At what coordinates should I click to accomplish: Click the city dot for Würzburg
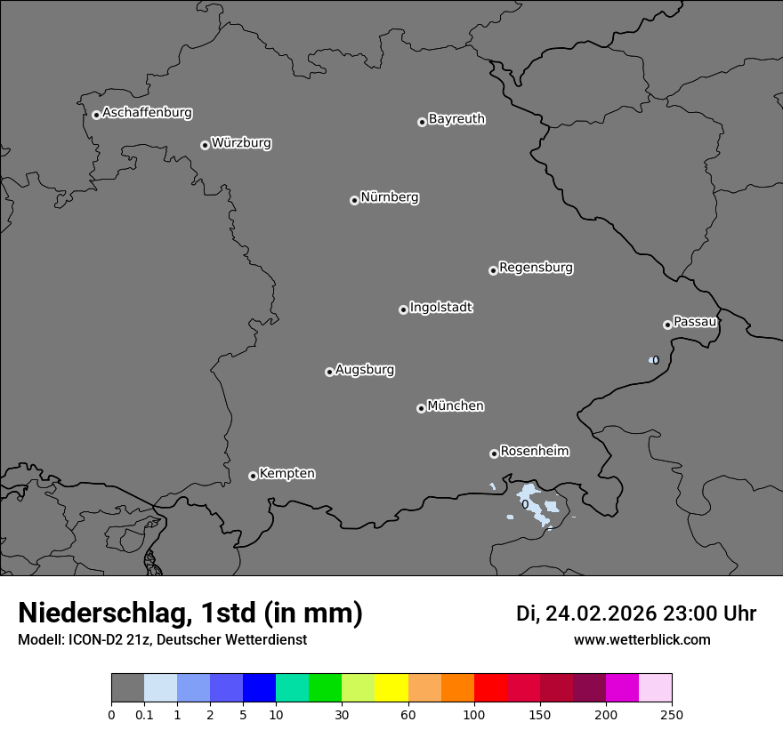205,145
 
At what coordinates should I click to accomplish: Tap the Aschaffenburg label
147,113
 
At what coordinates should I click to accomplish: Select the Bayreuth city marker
422,122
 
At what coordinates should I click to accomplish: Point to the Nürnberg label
389,197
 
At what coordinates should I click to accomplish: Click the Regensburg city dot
493,270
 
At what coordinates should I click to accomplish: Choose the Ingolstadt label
440,308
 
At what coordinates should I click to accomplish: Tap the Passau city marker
667,325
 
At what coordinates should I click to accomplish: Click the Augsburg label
365,370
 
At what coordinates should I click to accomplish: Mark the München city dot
421,408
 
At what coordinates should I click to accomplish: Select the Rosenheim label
534,451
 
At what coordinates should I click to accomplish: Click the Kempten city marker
253,476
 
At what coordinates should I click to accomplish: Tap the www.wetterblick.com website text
642,639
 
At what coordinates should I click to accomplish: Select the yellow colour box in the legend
391,688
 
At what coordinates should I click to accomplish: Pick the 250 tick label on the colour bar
672,714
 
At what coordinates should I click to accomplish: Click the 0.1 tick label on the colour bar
144,714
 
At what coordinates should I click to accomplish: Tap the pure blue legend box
259,688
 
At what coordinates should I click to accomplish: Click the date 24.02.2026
601,614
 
